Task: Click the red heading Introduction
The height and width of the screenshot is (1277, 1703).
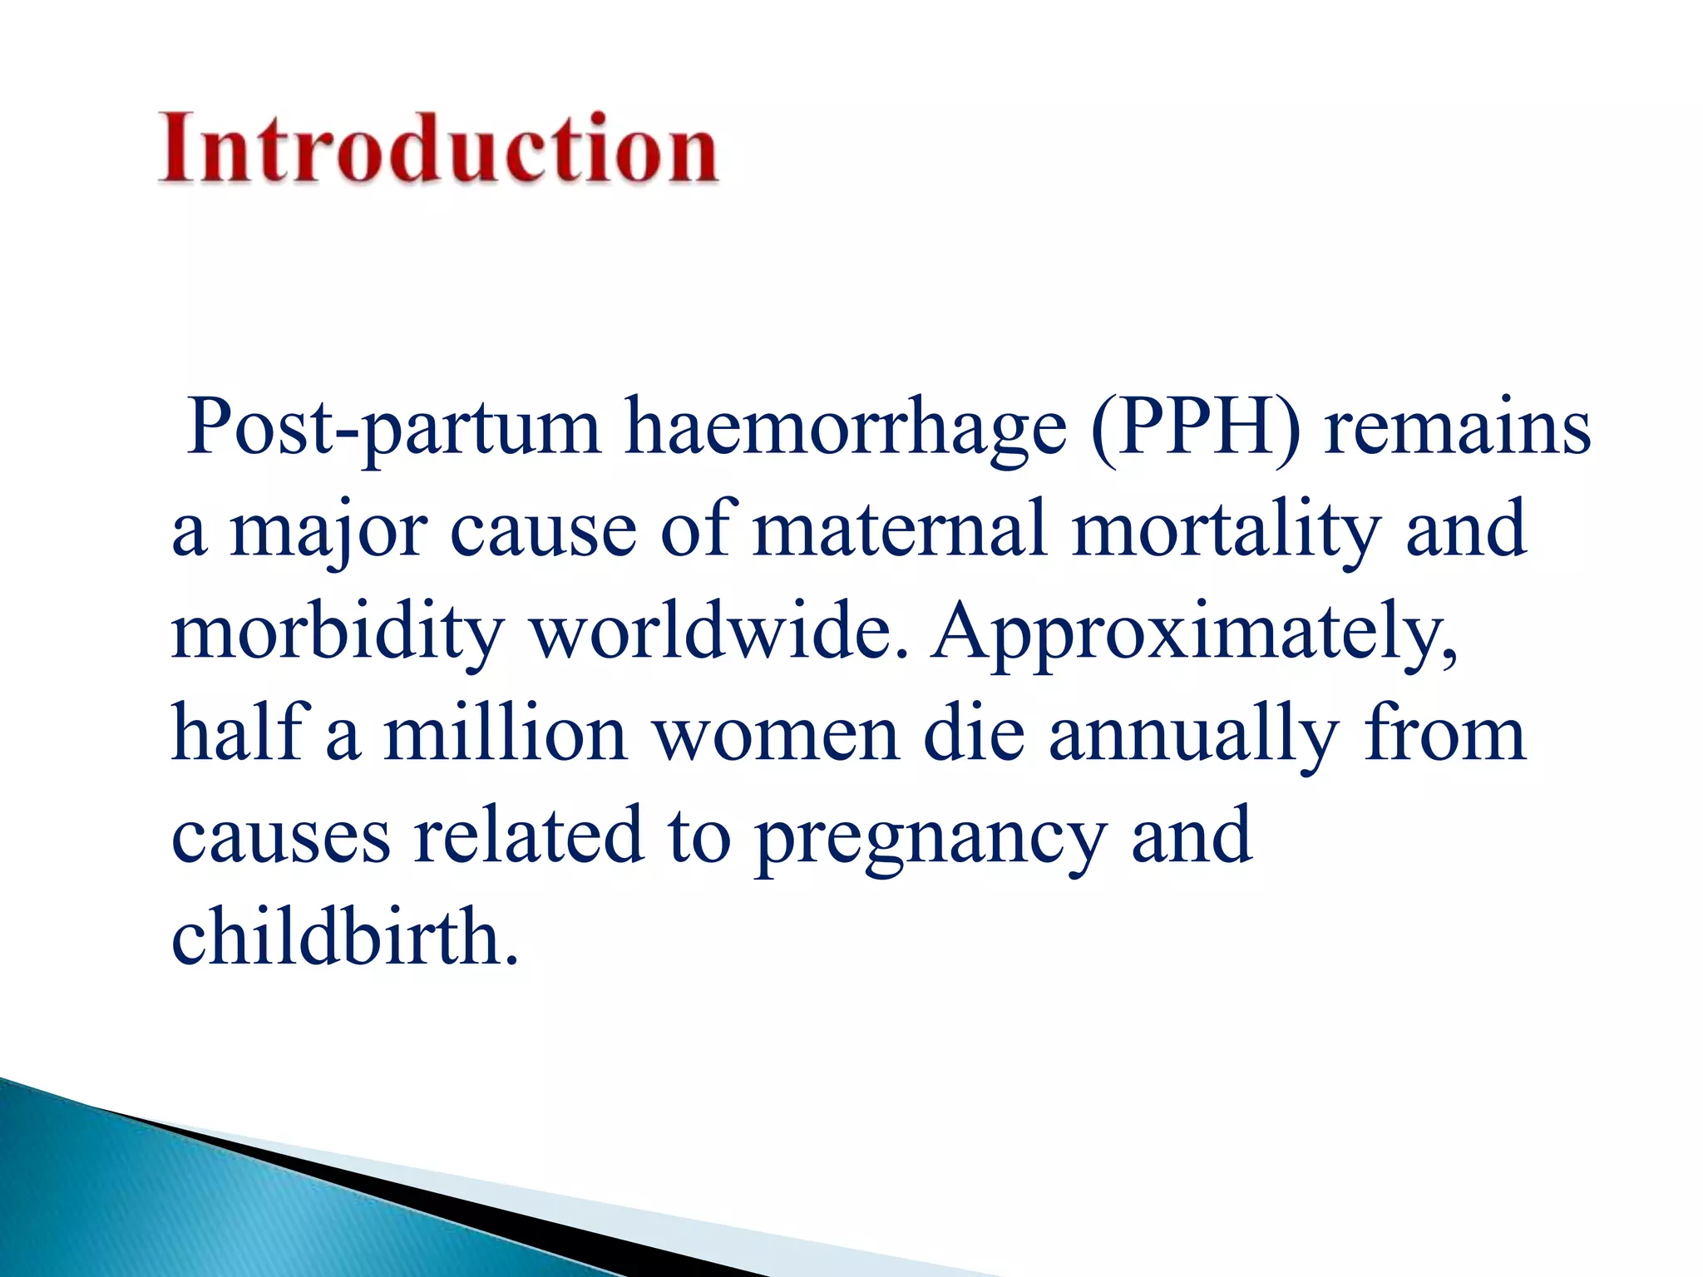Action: (438, 148)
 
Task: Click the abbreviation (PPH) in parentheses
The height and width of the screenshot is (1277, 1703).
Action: (1194, 429)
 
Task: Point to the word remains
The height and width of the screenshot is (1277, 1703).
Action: (1456, 429)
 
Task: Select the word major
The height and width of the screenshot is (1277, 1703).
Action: (328, 532)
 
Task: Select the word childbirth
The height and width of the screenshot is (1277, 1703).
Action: (344, 936)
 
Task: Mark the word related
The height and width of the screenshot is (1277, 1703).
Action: (529, 835)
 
